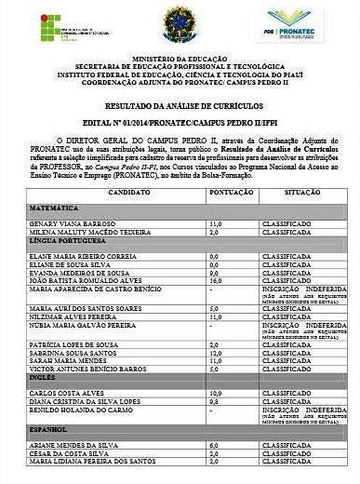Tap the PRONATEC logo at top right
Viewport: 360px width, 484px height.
point(295,24)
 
